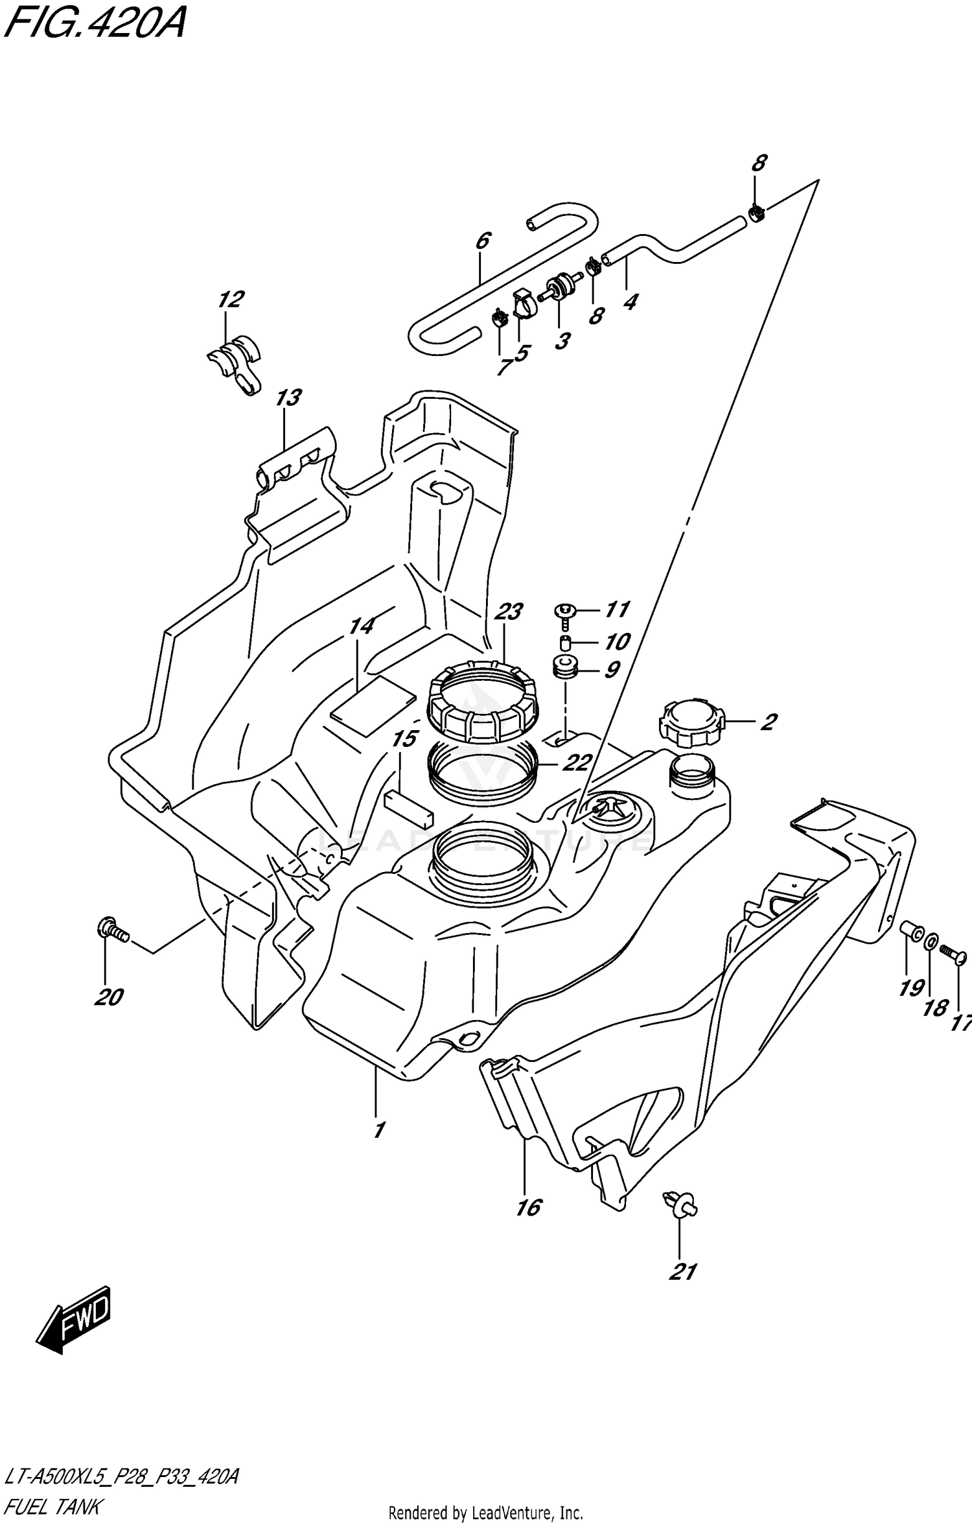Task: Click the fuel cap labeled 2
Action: click(x=690, y=722)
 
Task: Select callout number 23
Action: click(x=509, y=611)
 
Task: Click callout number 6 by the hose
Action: click(x=483, y=241)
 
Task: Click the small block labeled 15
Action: click(x=408, y=808)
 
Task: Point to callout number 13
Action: click(x=288, y=397)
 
